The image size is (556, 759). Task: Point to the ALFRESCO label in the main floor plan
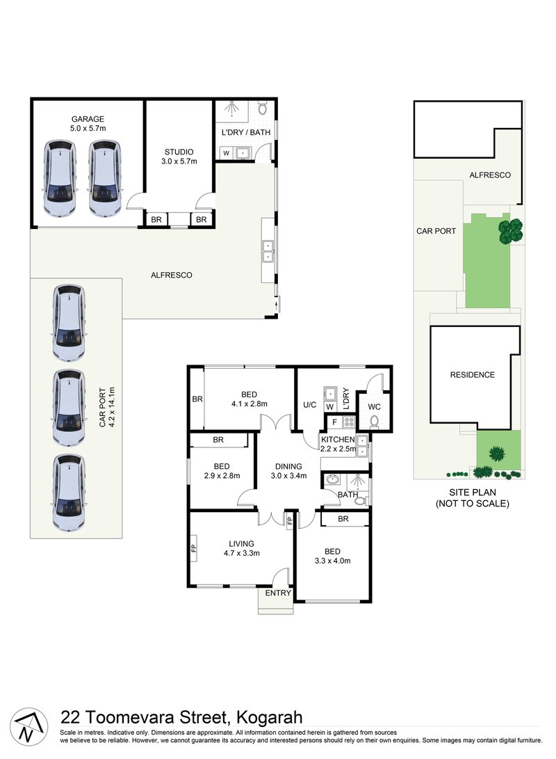[x=171, y=275]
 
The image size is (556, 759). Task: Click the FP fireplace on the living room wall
[x=194, y=547]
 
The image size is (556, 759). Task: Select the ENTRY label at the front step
[x=277, y=593]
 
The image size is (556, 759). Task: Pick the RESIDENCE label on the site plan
[x=473, y=375]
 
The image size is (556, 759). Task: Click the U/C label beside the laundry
[x=309, y=404]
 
